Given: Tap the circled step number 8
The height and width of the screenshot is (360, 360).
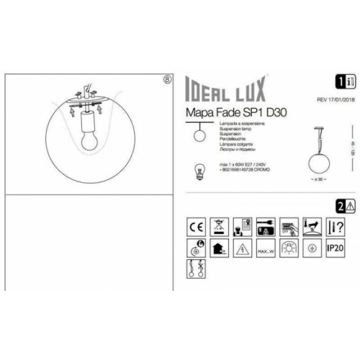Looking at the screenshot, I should coord(168,79).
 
